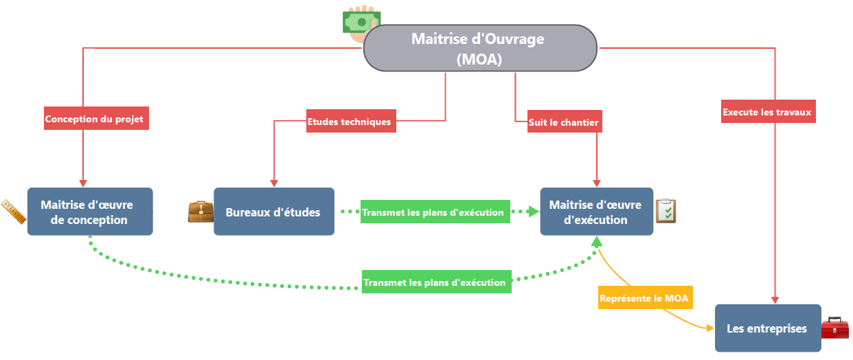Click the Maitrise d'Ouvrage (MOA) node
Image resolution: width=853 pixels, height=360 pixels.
click(x=479, y=48)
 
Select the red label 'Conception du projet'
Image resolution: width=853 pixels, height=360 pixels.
click(x=94, y=119)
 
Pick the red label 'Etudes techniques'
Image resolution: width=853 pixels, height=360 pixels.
click(x=349, y=122)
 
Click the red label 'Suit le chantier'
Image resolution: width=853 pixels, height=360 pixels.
click(x=564, y=123)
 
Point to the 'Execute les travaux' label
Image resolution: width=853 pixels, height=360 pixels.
click(x=766, y=111)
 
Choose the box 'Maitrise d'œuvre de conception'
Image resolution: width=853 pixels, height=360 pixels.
click(x=89, y=212)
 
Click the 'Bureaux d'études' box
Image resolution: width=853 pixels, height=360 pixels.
click(x=273, y=212)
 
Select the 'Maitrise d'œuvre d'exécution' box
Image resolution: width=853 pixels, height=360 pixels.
click(x=596, y=212)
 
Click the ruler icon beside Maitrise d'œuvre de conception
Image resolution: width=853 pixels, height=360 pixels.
click(x=14, y=211)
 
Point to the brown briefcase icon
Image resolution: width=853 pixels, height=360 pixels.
click(x=201, y=212)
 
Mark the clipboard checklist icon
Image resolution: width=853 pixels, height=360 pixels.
click(x=666, y=210)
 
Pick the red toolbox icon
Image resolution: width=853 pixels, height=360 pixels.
click(x=834, y=328)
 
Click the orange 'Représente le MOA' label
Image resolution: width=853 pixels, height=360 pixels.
click(x=644, y=298)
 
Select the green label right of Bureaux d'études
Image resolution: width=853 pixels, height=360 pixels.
click(x=433, y=212)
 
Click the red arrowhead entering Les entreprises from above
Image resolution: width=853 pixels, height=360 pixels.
click(x=775, y=300)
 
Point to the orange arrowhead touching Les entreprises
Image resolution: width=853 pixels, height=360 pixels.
click(x=709, y=328)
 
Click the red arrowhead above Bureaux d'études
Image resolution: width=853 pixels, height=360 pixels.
click(x=274, y=183)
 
